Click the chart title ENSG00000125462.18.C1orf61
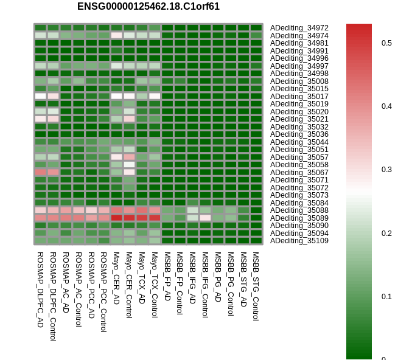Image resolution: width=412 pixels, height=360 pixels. tap(148, 6)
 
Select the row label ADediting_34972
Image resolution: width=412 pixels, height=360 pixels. tap(299, 28)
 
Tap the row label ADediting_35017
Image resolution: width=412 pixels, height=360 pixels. tap(299, 96)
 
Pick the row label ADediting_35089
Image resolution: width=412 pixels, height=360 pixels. tap(299, 218)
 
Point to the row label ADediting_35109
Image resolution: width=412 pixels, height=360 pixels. tap(299, 241)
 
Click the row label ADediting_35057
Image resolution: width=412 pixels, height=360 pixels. tap(299, 157)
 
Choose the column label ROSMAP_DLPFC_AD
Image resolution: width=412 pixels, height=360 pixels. tap(40, 289)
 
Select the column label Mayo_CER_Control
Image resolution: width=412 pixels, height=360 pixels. tap(129, 285)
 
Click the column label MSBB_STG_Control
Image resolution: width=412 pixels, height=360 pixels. tap(256, 286)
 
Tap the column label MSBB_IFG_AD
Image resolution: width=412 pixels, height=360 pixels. tap(192, 277)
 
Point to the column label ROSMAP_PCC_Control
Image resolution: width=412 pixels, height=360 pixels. tap(104, 292)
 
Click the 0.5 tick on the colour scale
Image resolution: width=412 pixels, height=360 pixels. tap(386, 43)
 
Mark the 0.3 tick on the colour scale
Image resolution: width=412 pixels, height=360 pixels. tap(386, 170)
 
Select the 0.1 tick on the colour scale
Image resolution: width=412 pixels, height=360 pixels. tap(386, 297)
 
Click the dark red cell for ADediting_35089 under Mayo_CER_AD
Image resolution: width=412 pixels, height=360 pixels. tap(116, 218)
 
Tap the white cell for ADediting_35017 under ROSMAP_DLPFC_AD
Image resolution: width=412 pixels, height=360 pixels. tap(40, 96)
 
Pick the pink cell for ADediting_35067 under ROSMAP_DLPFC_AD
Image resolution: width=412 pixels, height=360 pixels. tap(40, 172)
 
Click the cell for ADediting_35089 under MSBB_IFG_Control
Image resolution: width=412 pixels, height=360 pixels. tap(205, 218)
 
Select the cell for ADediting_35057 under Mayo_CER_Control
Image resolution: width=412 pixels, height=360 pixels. tap(129, 157)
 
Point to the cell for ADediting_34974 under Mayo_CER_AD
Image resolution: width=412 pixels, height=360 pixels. tap(116, 35)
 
